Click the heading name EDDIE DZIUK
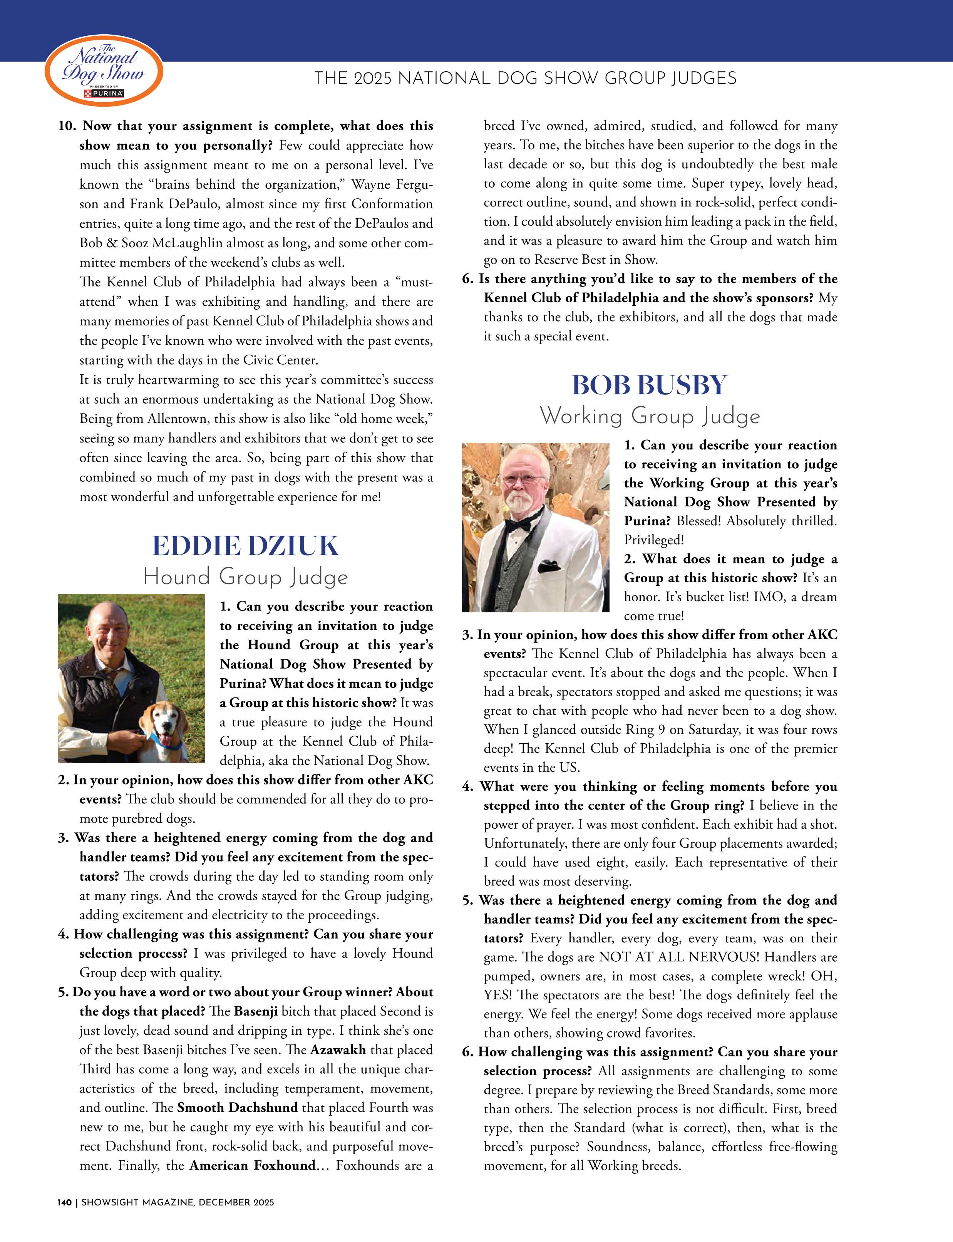point(245,546)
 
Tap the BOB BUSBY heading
point(649,385)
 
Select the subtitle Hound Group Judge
point(245,578)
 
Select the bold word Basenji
point(255,1011)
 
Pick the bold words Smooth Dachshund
point(237,1108)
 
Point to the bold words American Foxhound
point(252,1165)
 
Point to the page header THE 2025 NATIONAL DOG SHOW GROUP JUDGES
point(525,78)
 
